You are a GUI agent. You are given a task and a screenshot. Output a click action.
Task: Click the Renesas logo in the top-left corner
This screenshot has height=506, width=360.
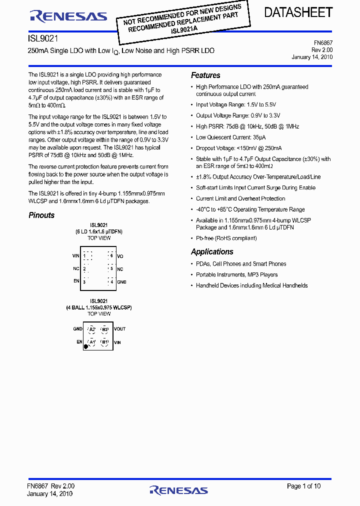[68, 16]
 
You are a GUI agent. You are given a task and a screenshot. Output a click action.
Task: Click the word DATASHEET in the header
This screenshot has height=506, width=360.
[298, 13]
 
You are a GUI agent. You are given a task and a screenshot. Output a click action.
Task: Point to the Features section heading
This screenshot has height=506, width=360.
[205, 75]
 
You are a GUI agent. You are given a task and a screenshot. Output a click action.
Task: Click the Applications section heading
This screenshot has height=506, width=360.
[212, 252]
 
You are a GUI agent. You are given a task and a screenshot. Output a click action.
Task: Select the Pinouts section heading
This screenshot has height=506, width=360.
[41, 215]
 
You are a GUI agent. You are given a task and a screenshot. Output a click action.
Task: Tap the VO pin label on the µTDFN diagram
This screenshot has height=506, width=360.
[120, 256]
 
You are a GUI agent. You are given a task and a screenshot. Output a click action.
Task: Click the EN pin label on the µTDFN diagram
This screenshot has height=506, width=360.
[76, 281]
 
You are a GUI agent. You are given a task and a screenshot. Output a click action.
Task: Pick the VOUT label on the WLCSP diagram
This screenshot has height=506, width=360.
[119, 329]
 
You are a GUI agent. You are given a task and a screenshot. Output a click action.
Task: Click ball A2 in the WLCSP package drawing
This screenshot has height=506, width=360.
[91, 329]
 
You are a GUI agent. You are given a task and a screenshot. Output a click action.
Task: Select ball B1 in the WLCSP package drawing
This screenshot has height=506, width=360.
[104, 342]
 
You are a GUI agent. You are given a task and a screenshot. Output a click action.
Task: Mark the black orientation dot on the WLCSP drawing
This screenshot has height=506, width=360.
[86, 346]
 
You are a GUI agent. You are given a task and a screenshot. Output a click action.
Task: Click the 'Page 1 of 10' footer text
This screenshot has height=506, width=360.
[303, 486]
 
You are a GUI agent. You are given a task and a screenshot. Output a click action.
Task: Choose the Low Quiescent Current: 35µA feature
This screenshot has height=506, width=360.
[230, 137]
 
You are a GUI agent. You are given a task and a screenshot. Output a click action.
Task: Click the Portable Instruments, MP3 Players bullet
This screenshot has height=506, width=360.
[236, 275]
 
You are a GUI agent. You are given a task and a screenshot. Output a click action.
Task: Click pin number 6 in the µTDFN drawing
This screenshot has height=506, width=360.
[112, 256]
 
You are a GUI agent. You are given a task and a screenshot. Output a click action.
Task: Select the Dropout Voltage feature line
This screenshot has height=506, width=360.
[238, 148]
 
